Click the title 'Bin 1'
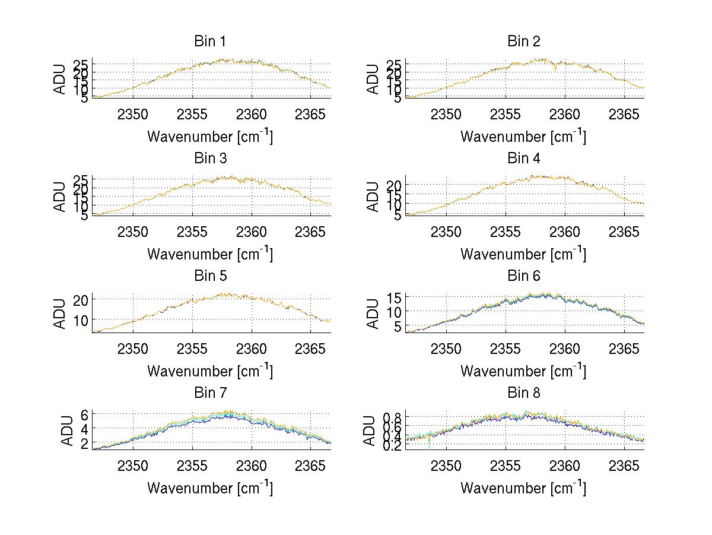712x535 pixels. point(209,42)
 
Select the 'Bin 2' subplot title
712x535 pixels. point(523,42)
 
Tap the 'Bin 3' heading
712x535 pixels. point(209,159)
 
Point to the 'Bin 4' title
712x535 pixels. point(523,159)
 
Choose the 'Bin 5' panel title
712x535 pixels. point(209,276)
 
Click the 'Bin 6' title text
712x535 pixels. point(523,276)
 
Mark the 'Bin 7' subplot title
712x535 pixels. point(209,393)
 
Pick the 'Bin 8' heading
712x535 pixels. point(523,393)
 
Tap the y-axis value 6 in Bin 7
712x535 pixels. point(85,414)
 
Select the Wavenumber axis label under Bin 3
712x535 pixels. point(209,254)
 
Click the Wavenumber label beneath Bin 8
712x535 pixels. point(523,488)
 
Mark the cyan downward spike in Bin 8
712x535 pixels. point(429,443)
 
